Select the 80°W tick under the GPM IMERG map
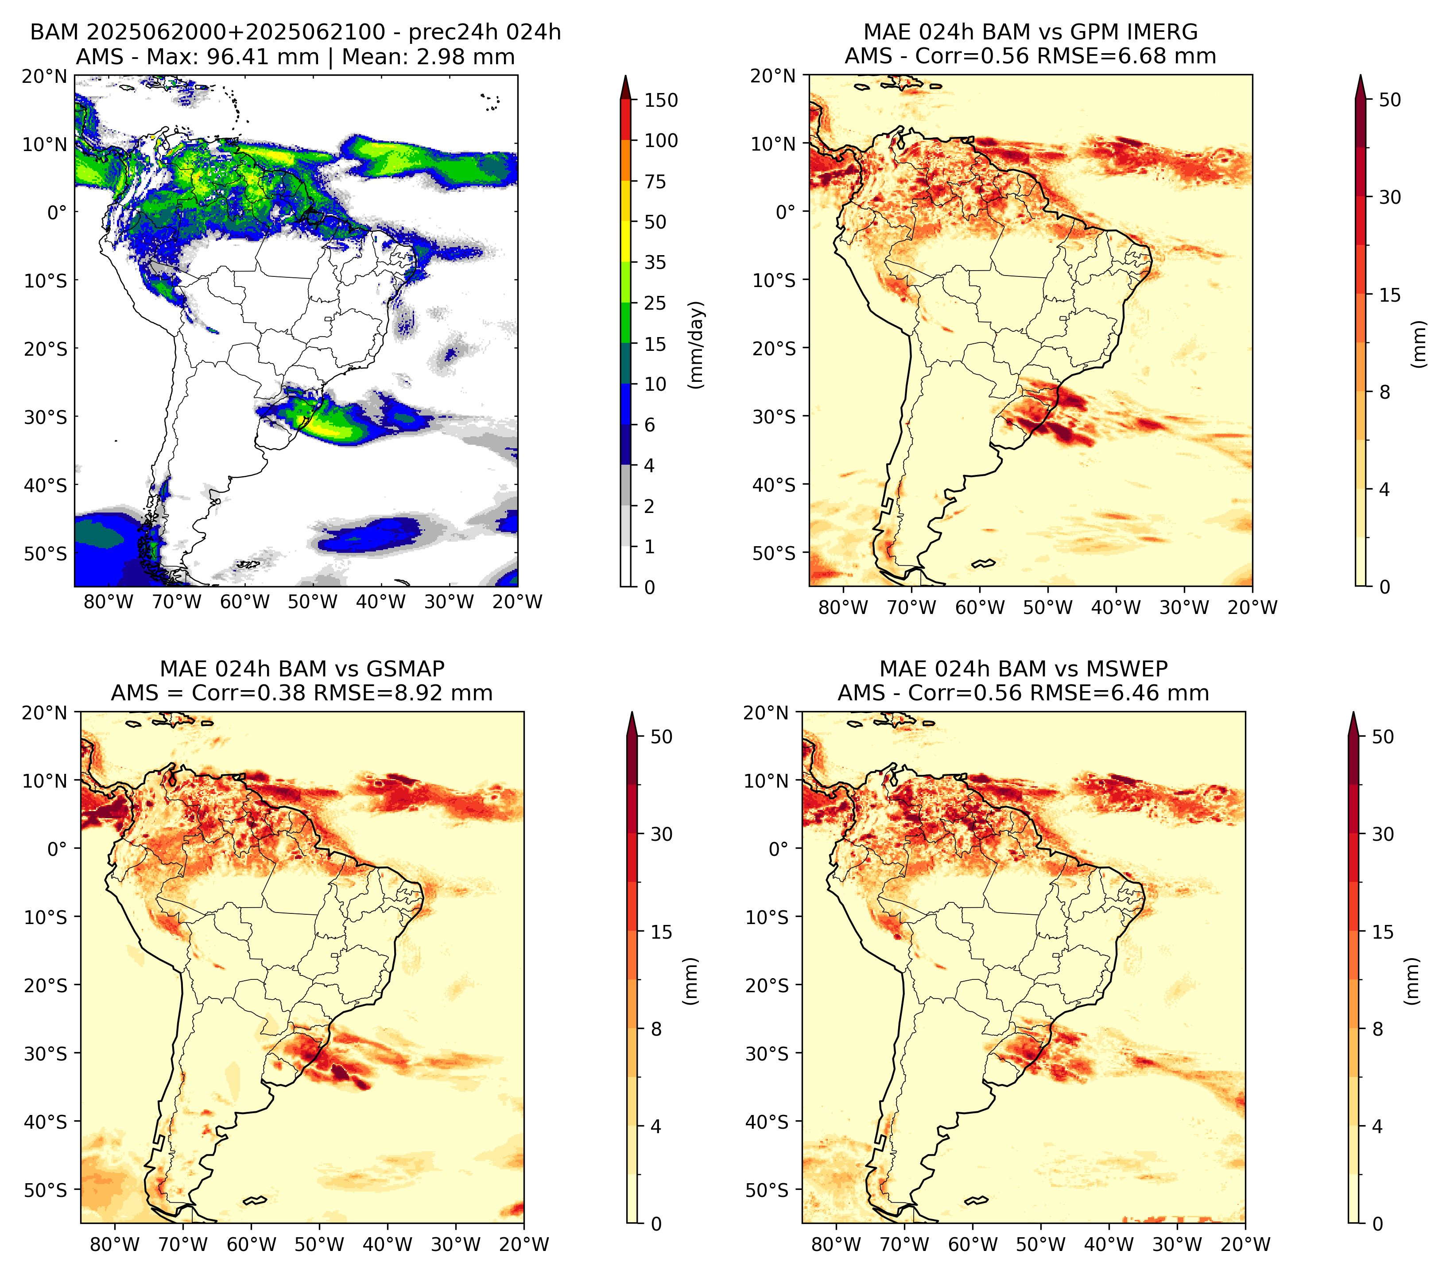click(843, 608)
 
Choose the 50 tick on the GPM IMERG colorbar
click(1390, 100)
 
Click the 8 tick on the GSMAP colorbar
click(656, 1029)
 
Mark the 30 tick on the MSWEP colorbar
click(1383, 834)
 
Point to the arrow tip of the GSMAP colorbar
click(632, 713)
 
